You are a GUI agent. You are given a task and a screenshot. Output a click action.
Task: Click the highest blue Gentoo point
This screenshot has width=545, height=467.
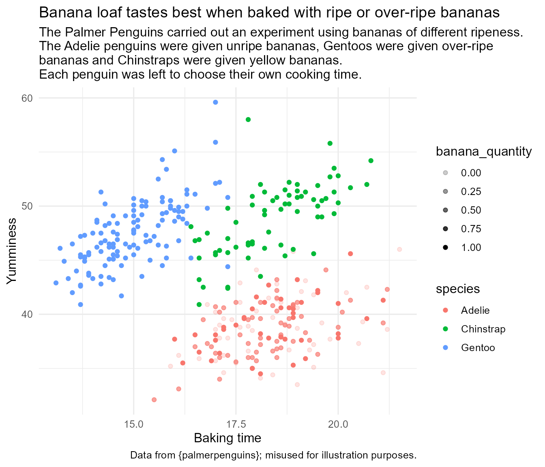coord(215,102)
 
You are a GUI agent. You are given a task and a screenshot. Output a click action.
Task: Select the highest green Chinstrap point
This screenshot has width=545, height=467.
coord(248,120)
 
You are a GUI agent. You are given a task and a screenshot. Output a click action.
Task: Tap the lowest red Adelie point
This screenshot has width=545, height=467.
coord(154,400)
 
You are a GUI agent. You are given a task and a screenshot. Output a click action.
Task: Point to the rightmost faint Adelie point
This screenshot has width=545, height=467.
coord(399,249)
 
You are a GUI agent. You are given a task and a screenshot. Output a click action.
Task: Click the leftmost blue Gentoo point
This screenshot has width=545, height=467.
coord(56,283)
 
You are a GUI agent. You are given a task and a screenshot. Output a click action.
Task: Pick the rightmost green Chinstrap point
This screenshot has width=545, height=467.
coord(371,161)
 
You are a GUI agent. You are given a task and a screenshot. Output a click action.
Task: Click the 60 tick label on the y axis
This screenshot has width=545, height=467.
coord(27,98)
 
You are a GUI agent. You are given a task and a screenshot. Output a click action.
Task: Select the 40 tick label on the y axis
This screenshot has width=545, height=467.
coord(27,314)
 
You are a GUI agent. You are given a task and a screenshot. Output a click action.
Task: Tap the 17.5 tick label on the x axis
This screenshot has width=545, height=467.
coord(236,424)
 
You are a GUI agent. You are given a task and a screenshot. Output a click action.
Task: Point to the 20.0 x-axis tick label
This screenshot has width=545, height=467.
coord(338,424)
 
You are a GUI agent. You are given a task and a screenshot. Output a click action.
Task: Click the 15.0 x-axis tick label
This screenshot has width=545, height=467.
coord(134,424)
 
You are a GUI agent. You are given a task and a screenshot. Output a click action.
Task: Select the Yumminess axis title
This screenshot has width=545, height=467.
coord(12,251)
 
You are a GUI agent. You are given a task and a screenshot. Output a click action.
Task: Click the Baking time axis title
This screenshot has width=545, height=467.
coord(227,438)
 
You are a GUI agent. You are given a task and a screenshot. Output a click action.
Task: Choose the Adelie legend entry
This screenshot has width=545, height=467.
coord(475,311)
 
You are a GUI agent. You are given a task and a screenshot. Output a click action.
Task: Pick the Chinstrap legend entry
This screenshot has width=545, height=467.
coord(483,329)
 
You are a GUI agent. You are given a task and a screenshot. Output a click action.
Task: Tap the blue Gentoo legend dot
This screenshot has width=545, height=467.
coord(445,348)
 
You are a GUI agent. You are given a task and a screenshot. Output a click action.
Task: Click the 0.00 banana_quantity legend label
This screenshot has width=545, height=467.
coord(471,173)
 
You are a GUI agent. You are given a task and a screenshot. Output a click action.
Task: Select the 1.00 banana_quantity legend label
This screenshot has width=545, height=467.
coord(471,248)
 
